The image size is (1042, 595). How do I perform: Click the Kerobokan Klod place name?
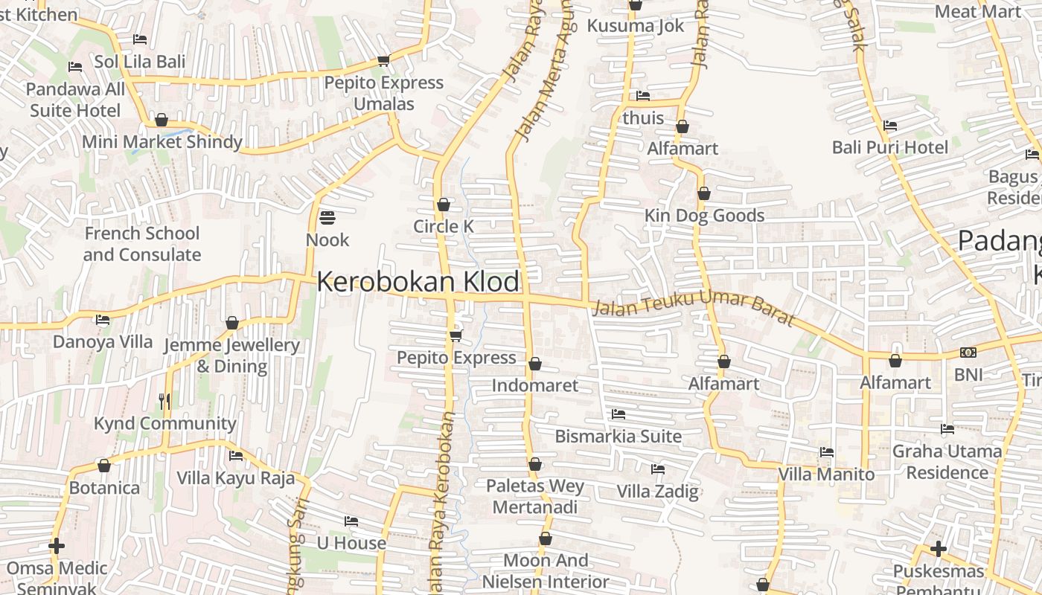(418, 282)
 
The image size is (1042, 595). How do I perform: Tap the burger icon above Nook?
(327, 218)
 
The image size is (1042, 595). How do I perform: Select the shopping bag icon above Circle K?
(444, 205)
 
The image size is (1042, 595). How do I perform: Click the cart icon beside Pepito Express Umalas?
(383, 60)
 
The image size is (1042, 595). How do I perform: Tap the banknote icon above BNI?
(968, 353)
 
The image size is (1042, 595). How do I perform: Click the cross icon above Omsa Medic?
(57, 547)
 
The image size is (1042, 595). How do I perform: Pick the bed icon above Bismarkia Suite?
(618, 414)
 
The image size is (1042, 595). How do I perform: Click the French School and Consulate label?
(141, 244)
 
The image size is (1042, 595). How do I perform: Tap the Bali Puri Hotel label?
(889, 147)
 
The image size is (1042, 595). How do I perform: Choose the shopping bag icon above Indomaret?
(534, 364)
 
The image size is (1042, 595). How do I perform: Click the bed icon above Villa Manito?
(826, 452)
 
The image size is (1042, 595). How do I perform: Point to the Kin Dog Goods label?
(704, 216)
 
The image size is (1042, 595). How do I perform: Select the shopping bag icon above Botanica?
(104, 466)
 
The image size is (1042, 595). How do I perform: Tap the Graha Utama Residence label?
(947, 462)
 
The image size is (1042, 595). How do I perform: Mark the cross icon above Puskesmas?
(938, 550)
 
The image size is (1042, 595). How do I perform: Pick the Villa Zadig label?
(657, 492)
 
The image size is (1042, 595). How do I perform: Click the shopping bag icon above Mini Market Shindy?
(162, 120)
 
